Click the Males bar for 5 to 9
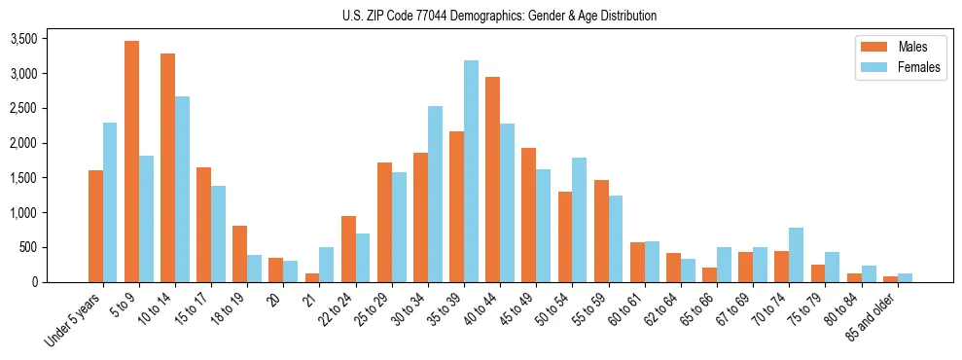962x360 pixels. point(131,162)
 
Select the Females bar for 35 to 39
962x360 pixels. point(471,171)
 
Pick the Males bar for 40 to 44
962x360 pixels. point(492,179)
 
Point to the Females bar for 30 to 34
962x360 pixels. point(435,194)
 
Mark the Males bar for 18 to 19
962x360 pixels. point(239,254)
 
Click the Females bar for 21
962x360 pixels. point(326,265)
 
